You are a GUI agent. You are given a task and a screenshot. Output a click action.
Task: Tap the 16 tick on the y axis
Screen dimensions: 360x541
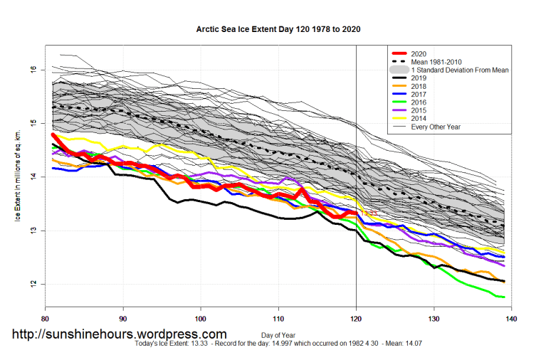33,69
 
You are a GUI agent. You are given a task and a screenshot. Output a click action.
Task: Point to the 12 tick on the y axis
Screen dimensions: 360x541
33,285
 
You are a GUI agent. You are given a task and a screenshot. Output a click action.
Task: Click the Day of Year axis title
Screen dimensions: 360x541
278,334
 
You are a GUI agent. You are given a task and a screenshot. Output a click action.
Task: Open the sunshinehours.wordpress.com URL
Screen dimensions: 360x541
119,334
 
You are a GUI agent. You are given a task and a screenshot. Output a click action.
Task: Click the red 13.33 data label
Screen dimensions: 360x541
368,213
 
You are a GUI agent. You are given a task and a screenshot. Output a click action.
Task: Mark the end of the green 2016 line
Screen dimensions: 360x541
504,297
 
